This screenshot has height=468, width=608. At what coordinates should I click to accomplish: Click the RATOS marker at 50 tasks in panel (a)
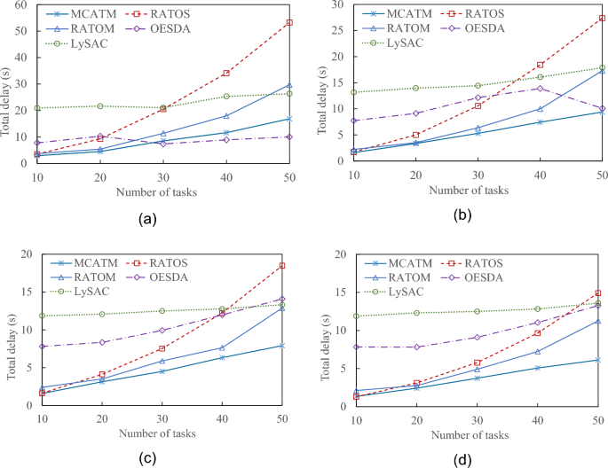coord(289,22)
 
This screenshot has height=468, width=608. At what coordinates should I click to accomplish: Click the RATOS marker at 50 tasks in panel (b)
coord(602,18)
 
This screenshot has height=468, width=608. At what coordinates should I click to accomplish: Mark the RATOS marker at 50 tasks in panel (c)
coord(282,266)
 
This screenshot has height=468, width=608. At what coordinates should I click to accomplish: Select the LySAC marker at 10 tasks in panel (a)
coord(37,108)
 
